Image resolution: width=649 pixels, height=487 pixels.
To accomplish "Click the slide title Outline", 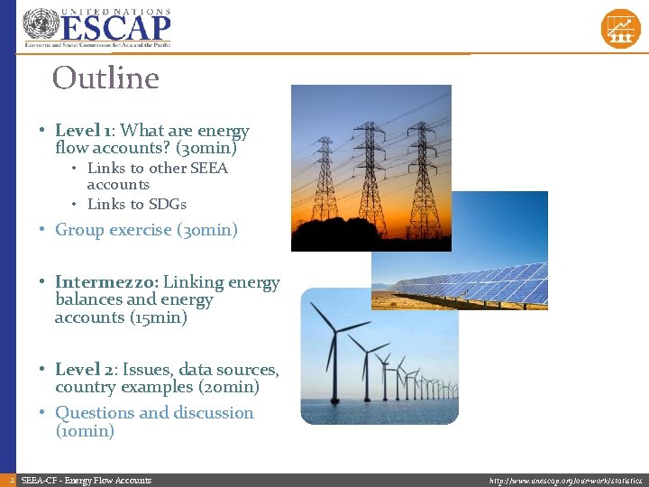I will pyautogui.click(x=105, y=78).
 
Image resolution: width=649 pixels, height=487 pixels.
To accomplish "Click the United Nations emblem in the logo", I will pyautogui.click(x=40, y=25).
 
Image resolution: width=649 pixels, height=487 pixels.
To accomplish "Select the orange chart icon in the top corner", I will pyautogui.click(x=620, y=29).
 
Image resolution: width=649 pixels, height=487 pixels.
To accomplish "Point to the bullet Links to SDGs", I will pyautogui.click(x=136, y=204).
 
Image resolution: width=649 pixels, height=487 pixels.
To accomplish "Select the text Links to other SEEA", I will pyautogui.click(x=157, y=168).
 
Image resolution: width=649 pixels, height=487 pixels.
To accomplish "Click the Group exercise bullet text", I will pyautogui.click(x=146, y=230).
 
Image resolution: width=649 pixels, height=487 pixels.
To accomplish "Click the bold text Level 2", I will pyautogui.click(x=86, y=370).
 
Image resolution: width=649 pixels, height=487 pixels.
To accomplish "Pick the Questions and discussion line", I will pyautogui.click(x=154, y=413).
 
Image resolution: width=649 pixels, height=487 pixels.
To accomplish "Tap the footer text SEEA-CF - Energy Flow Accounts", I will pyautogui.click(x=87, y=481).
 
